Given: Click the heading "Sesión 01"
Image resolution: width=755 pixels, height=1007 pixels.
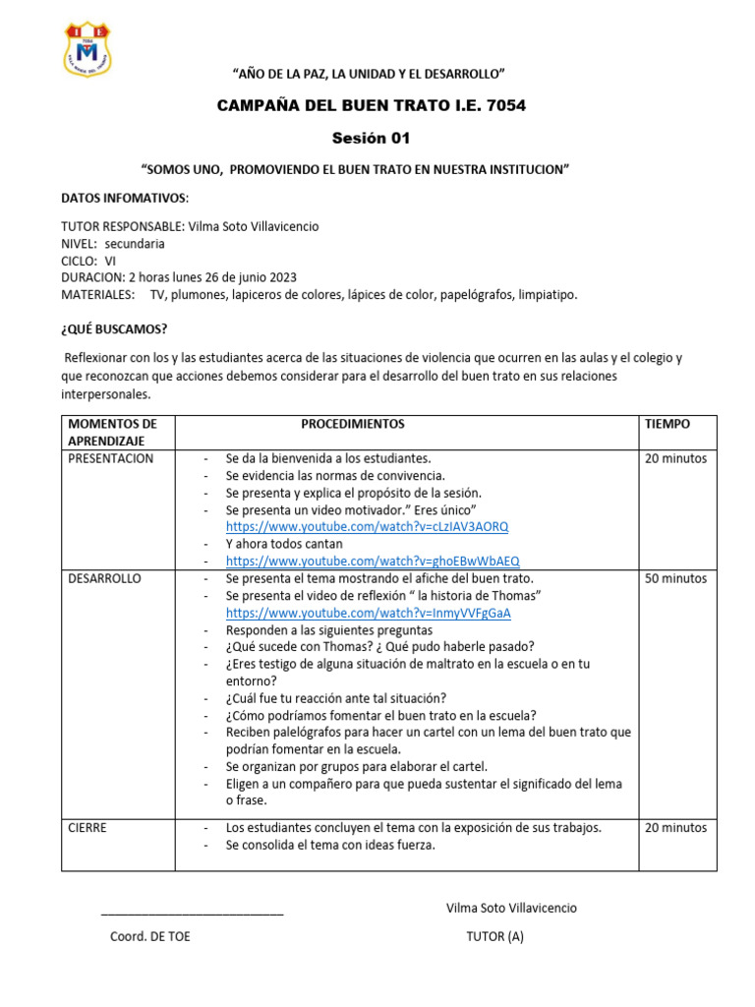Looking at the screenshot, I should (x=372, y=138).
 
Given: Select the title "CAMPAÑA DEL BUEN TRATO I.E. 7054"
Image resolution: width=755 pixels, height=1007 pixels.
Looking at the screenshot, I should (x=372, y=105).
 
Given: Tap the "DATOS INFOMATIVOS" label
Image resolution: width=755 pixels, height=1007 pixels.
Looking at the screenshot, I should (x=125, y=198).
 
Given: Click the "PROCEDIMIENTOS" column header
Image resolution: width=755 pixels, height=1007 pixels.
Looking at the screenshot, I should (x=352, y=424).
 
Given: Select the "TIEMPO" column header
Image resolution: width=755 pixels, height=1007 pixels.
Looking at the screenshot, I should (x=668, y=424).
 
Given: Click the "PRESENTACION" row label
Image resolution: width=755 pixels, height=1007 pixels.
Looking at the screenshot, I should (x=111, y=458).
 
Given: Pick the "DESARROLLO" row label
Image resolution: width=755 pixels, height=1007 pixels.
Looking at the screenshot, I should (x=105, y=578).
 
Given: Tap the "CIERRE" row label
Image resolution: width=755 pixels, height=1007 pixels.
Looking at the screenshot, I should (x=87, y=827).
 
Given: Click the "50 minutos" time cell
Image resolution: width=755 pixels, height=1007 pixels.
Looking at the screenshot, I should (x=675, y=578).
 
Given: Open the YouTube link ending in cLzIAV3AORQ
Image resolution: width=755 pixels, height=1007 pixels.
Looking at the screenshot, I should (x=367, y=527).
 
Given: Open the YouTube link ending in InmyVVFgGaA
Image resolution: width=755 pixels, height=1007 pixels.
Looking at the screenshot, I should (x=368, y=613).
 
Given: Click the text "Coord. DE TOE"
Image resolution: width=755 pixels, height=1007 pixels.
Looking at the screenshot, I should (x=150, y=936).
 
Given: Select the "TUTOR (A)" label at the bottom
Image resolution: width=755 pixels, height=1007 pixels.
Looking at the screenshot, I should (x=494, y=936).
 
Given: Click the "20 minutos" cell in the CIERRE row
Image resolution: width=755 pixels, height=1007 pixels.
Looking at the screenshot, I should (x=675, y=827).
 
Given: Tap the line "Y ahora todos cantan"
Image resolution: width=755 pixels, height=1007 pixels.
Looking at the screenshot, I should (x=284, y=544).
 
